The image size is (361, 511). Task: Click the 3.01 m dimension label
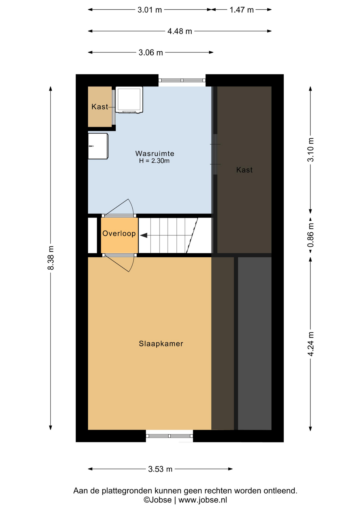point(150,10)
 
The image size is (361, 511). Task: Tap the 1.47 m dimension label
point(242,10)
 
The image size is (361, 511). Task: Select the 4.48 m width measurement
point(180,31)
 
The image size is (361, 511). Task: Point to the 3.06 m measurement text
point(151,52)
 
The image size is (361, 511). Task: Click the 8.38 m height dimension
point(51,258)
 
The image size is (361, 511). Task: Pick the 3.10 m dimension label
point(310,150)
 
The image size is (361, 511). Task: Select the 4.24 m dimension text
point(310,344)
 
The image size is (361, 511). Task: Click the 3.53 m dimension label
point(160,469)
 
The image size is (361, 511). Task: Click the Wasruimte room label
point(155,154)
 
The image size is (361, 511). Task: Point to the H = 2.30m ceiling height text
point(154,161)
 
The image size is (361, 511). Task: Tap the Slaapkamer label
point(161,344)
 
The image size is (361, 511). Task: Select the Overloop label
point(119,233)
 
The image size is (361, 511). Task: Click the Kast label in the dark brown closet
point(244,170)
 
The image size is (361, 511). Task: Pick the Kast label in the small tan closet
point(100,107)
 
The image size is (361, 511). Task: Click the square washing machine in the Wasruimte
point(129,100)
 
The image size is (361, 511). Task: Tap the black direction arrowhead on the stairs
point(144,236)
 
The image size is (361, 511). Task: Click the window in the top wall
point(182,80)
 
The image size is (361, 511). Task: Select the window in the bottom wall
point(169,436)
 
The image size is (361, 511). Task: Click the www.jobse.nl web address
point(203,500)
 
